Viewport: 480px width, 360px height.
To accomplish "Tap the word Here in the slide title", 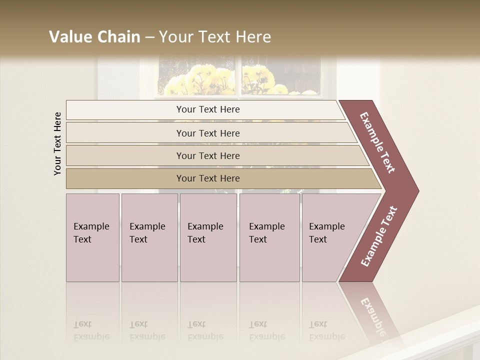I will [253, 37].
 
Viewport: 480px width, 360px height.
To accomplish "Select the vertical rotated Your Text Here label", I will [57, 143].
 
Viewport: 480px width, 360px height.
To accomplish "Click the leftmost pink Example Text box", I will [92, 237].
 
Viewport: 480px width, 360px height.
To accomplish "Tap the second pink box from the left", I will [149, 237].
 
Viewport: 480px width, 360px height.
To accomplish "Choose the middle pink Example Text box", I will [208, 237].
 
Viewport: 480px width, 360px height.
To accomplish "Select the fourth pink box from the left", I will [269, 237].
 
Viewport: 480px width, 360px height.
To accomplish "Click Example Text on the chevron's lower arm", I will [378, 236].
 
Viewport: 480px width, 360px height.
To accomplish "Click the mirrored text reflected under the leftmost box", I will [91, 330].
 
